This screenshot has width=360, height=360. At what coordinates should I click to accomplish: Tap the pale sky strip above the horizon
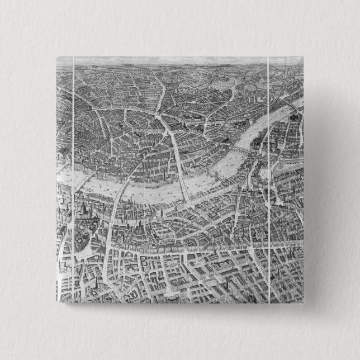tap(168, 60)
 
